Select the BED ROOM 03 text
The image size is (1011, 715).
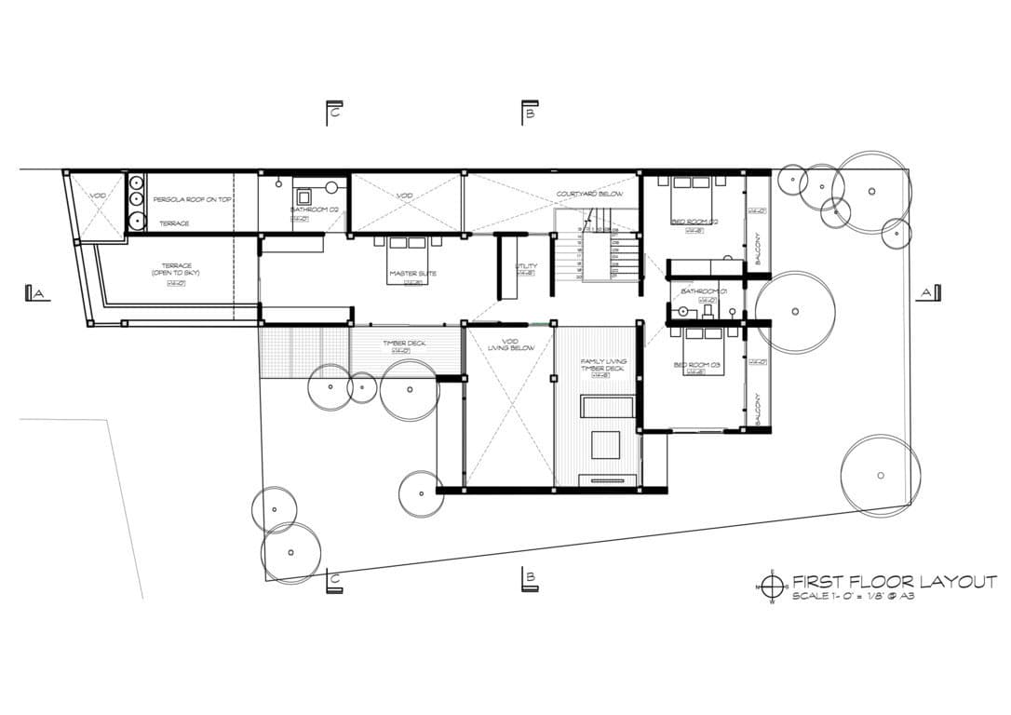[697, 364]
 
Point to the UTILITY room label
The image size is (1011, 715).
[526, 267]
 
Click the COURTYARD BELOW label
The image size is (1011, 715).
[589, 194]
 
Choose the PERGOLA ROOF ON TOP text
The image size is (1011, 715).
[192, 200]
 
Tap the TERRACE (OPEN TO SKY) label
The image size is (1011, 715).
[176, 269]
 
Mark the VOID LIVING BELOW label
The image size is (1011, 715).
[508, 344]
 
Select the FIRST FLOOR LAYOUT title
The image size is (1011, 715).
[894, 582]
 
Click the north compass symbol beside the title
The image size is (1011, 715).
[771, 586]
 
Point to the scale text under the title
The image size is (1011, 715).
[852, 596]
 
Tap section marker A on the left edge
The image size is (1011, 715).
[36, 293]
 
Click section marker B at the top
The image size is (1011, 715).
[528, 113]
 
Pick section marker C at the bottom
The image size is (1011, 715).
[333, 582]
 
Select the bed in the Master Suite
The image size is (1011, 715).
[408, 247]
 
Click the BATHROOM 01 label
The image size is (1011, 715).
[704, 291]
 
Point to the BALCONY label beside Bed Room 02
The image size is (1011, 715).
[759, 249]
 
